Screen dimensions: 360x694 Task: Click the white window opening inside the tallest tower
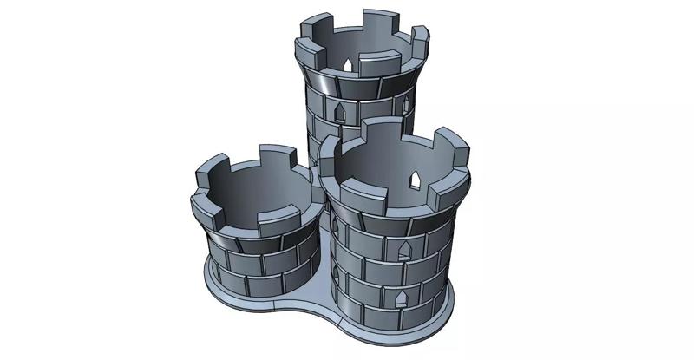click(347, 65)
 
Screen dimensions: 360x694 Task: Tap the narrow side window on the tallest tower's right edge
click(405, 105)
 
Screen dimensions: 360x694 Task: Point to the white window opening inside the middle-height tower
click(415, 180)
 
